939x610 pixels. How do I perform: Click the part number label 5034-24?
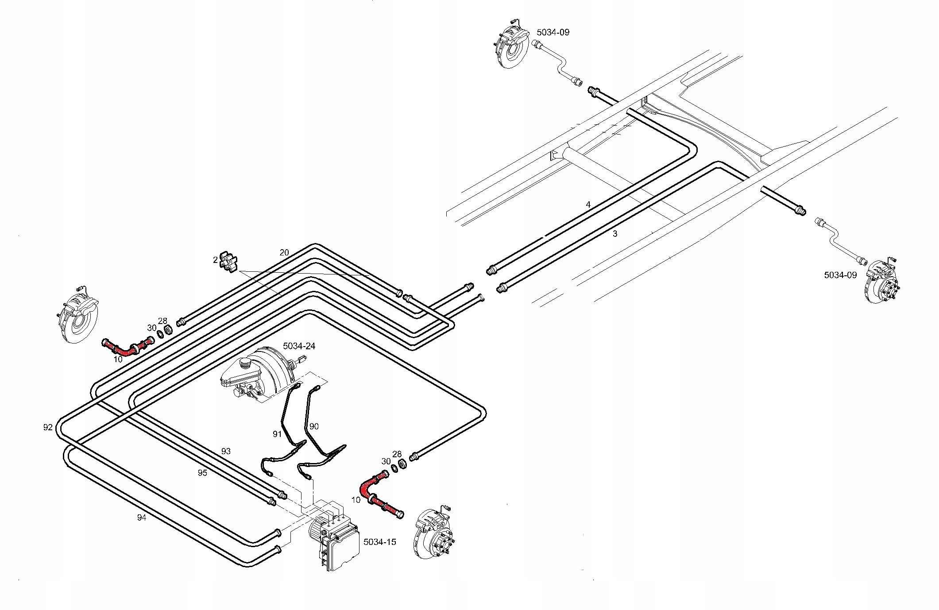[x=299, y=346]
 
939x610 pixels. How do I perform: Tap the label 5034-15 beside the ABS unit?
[x=379, y=542]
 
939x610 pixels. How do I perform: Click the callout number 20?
[x=284, y=252]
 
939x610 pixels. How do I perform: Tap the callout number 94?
[x=141, y=517]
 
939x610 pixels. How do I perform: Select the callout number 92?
[x=48, y=427]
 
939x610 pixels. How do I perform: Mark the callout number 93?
[x=226, y=451]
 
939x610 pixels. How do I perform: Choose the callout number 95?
[x=202, y=473]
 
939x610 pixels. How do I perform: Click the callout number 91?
[x=277, y=434]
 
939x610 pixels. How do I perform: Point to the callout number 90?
[x=314, y=426]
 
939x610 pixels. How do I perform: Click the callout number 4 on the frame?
[x=588, y=205]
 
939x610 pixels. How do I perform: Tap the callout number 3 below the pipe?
[x=614, y=234]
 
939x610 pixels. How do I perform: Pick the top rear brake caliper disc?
[x=512, y=46]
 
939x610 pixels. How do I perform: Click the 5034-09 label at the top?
[x=553, y=32]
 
